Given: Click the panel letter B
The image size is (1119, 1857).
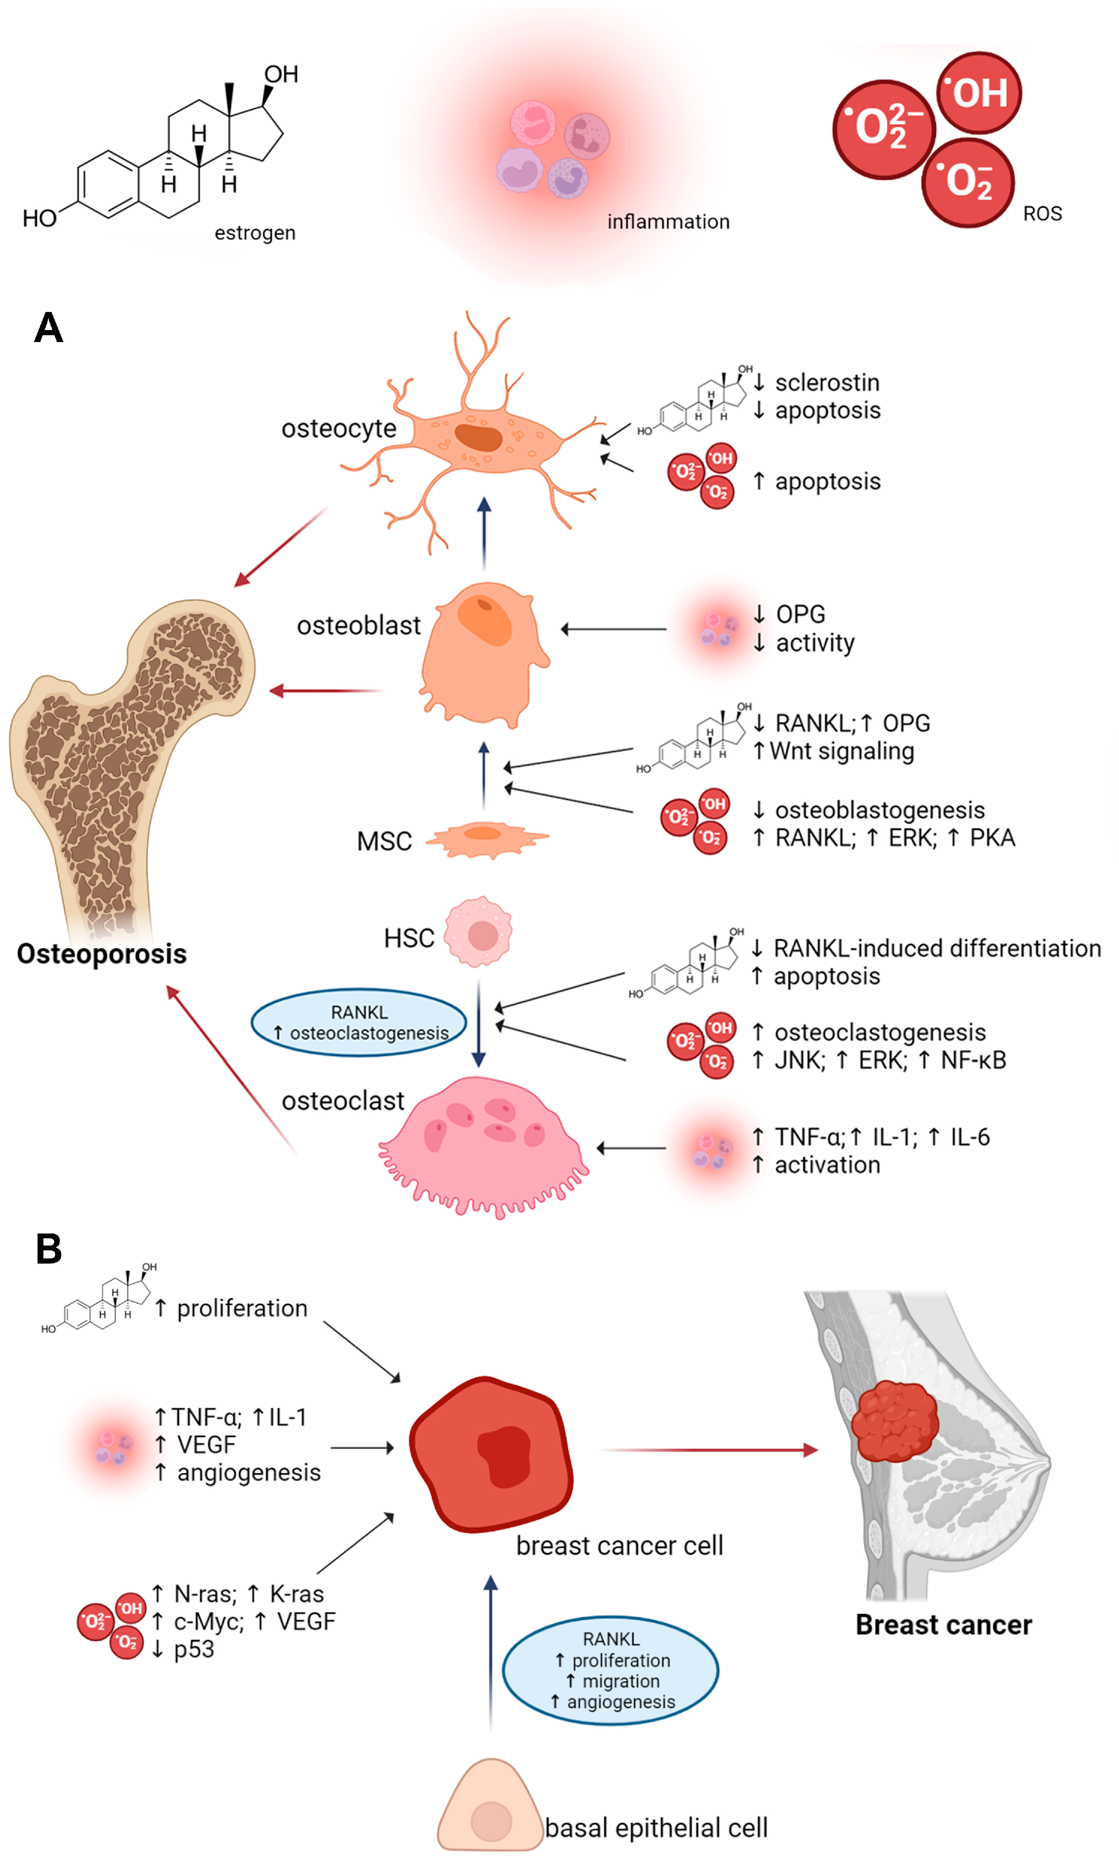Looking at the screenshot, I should coord(48,1249).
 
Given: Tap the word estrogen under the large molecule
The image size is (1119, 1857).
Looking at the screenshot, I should coord(255,233).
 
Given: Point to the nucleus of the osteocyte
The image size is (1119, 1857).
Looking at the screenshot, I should coord(478,437).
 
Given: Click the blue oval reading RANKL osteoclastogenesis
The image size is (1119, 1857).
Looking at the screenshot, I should coord(359,1022).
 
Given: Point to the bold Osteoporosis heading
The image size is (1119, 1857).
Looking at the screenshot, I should coord(102,954).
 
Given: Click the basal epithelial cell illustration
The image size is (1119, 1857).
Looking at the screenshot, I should coord(490,1809).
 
